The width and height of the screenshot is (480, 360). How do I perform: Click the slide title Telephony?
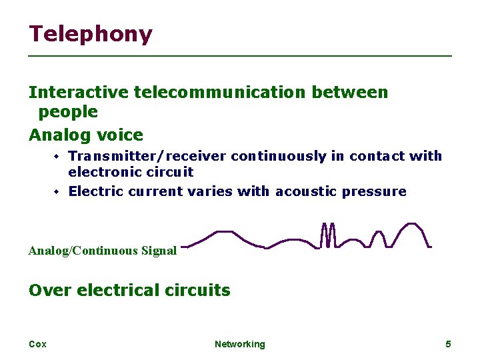[91, 35]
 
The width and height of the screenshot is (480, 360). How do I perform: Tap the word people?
[68, 111]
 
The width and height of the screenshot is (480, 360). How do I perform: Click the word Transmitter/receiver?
[147, 156]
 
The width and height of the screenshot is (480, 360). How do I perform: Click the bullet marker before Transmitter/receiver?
[57, 157]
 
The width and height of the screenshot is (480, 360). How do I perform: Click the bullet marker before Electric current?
[57, 192]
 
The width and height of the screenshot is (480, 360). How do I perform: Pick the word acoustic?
[306, 191]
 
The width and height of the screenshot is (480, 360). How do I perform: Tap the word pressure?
[374, 191]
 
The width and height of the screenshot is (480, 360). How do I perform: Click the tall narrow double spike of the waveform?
[327, 235]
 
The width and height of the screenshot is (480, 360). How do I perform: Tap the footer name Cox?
[37, 344]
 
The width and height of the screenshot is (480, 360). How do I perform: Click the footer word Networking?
[239, 344]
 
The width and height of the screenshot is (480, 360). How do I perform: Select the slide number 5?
[448, 344]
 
